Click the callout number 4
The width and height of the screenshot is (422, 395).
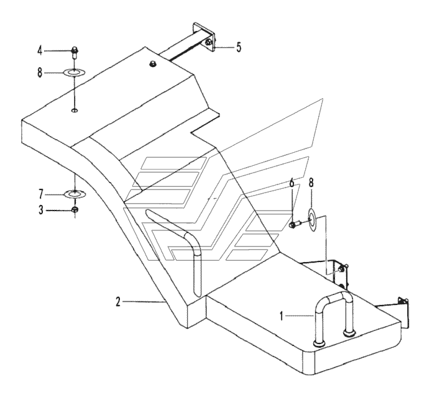[x=40, y=50]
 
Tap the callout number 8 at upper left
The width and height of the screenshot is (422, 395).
[x=40, y=73]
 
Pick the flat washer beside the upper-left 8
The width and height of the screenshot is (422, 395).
[x=74, y=72]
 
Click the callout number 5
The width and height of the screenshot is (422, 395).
[x=239, y=47]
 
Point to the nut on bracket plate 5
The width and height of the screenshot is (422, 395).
[x=208, y=42]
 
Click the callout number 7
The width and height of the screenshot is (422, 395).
[x=40, y=194]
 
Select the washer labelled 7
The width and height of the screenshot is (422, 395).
[x=75, y=194]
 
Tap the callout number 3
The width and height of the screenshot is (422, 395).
[x=40, y=210]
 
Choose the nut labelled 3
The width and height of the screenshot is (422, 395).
[x=75, y=209]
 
